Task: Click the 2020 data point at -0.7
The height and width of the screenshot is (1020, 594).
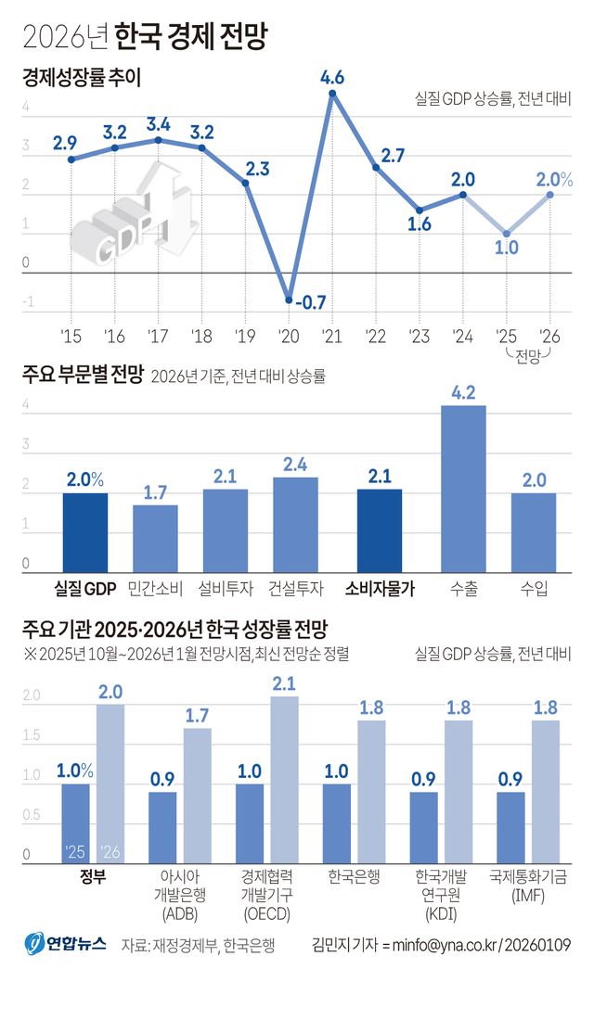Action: click(289, 300)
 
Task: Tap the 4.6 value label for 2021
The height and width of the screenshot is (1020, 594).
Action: click(332, 78)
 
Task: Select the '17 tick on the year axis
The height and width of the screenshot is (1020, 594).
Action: click(158, 335)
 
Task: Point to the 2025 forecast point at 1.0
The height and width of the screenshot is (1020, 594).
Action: click(506, 234)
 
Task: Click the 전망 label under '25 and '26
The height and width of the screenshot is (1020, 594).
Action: click(528, 355)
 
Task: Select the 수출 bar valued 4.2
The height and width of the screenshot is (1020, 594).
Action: click(463, 489)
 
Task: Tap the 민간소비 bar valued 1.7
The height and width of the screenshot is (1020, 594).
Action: click(155, 538)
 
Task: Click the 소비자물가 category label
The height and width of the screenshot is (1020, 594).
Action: click(380, 587)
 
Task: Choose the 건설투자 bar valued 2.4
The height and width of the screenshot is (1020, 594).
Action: click(295, 524)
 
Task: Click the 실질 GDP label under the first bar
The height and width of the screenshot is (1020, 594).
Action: click(84, 587)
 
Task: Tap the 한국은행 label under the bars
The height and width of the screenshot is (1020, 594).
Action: click(354, 874)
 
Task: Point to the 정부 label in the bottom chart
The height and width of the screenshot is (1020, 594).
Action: click(93, 874)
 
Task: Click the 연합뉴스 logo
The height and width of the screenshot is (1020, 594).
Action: click(65, 944)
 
